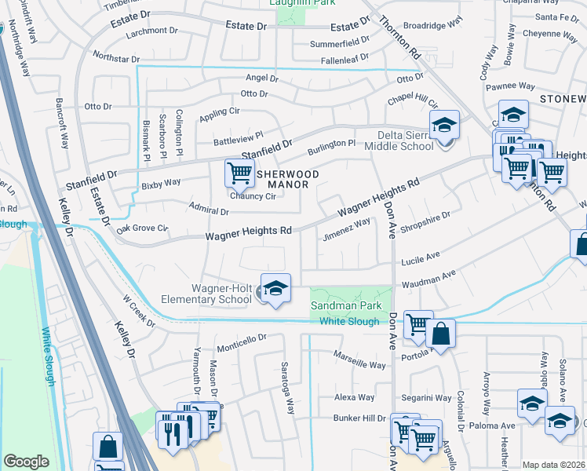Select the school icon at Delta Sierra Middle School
[x=444, y=126]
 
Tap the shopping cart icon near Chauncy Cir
[x=239, y=173]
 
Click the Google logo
[x=26, y=462]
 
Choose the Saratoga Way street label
[x=289, y=389]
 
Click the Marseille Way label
[x=360, y=365]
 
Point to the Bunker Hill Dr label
[x=360, y=419]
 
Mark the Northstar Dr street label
[x=115, y=57]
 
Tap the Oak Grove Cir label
[x=142, y=228]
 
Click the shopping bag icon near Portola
[x=440, y=333]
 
